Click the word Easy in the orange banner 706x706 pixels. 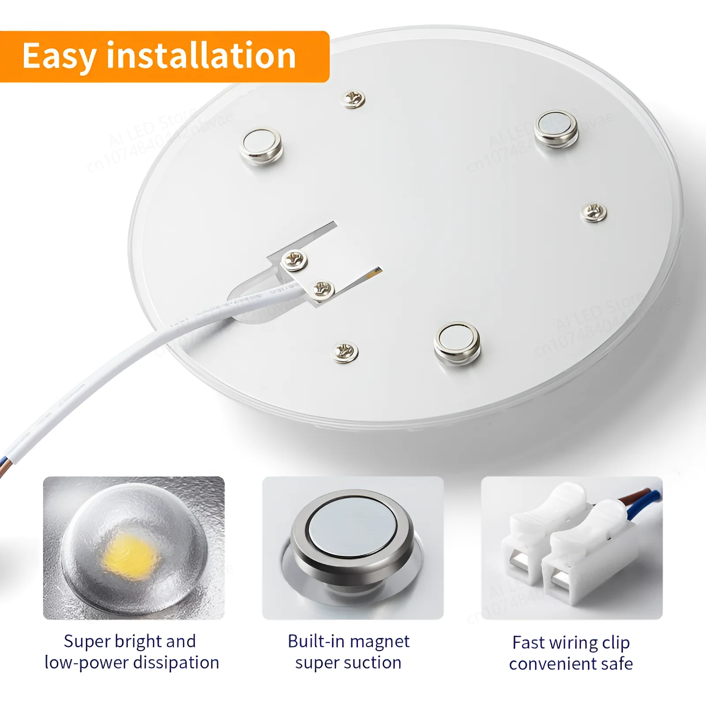pyautogui.click(x=59, y=56)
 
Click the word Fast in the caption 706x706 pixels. pyautogui.click(x=529, y=642)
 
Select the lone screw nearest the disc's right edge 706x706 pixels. pyautogui.click(x=593, y=213)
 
